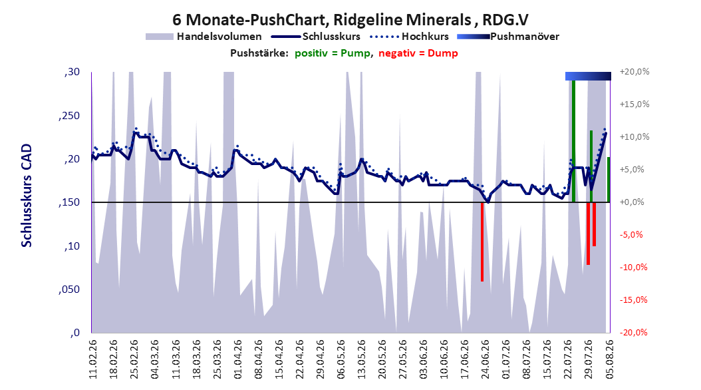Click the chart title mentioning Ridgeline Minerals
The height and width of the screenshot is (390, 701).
[350, 20]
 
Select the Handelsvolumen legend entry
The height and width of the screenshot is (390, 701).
[204, 37]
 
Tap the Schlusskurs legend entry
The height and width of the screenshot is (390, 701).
[316, 37]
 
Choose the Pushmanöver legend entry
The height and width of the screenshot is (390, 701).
[508, 37]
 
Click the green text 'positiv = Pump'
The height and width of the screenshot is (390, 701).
[333, 53]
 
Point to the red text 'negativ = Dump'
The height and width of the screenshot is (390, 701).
[418, 53]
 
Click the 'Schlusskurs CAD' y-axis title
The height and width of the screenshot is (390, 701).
[27, 196]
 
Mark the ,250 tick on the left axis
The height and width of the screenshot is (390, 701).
[70, 116]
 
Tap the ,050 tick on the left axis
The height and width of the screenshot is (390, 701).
[70, 290]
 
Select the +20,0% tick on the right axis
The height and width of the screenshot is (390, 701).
[634, 72]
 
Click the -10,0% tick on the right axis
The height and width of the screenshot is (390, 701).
[634, 268]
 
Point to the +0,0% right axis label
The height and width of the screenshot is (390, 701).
[632, 202]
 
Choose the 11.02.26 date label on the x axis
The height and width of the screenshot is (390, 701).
[93, 359]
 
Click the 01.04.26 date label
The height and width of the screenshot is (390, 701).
[237, 359]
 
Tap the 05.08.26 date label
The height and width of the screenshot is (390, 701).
[609, 359]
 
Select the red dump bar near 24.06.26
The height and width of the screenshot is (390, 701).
[482, 242]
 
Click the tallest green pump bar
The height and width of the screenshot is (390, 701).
[573, 141]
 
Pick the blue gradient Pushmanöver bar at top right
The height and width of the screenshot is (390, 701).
[588, 76]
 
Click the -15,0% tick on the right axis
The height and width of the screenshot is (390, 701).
[634, 300]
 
